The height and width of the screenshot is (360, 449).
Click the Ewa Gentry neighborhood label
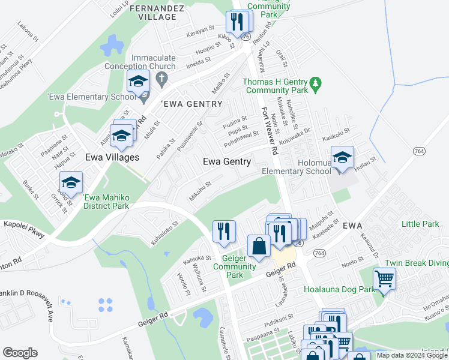pyautogui.click(x=226, y=161)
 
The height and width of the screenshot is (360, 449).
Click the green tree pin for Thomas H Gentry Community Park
pyautogui.click(x=319, y=82)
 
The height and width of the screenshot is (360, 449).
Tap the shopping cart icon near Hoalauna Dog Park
pyautogui.click(x=384, y=278)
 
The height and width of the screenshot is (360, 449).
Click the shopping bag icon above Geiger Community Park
pyautogui.click(x=259, y=245)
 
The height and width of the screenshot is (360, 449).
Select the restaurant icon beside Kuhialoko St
pyautogui.click(x=224, y=231)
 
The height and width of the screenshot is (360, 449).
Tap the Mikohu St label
pyautogui.click(x=200, y=190)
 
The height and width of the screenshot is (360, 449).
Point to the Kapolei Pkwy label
pyautogui.click(x=23, y=231)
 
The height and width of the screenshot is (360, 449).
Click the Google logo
pyautogui.click(x=20, y=353)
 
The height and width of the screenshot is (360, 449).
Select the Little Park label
pyautogui.click(x=420, y=224)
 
